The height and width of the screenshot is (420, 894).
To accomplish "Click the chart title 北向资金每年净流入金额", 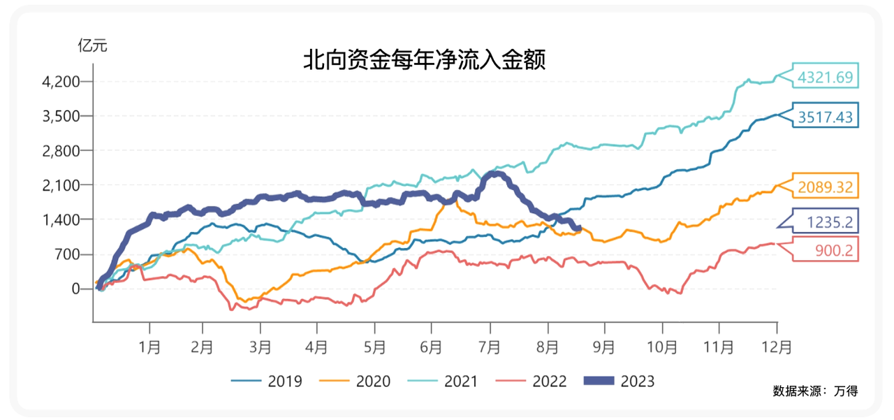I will coord(423,60).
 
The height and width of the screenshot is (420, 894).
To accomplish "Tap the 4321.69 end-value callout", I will coord(826,77).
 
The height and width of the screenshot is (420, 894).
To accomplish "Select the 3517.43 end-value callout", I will coord(826,117).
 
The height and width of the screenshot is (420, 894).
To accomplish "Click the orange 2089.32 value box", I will coord(826,187).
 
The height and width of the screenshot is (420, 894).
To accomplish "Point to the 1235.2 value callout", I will coord(828,222).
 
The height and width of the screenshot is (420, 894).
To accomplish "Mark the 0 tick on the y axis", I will coord(78,289).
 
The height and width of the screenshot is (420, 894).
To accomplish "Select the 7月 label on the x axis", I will coord(490,346).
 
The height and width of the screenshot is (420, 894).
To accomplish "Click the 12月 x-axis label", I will coord(777,346).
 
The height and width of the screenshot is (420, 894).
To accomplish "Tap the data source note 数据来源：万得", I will coord(815,390).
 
